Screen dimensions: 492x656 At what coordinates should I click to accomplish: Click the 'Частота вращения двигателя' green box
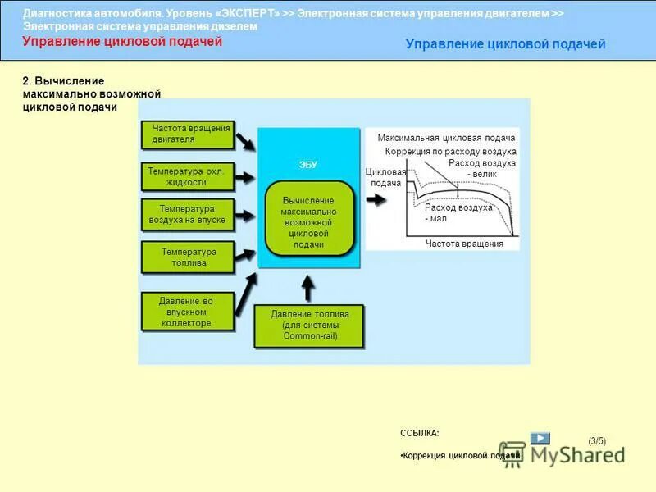(x=188, y=134)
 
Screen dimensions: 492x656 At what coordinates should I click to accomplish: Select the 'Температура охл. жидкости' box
(x=188, y=176)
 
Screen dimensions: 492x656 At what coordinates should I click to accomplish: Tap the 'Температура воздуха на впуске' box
(x=188, y=215)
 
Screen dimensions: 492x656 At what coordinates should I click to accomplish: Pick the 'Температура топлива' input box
(x=188, y=257)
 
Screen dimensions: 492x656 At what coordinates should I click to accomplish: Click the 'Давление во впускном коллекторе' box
(x=188, y=312)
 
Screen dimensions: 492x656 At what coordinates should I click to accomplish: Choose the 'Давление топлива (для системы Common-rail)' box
(x=310, y=325)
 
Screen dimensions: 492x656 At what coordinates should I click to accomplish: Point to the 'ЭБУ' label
(x=308, y=165)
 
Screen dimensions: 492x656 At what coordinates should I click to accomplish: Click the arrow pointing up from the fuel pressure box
(x=308, y=288)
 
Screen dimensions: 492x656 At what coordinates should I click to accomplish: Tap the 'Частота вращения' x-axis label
(x=464, y=244)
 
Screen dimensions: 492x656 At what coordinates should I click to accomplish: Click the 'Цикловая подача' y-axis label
(x=385, y=177)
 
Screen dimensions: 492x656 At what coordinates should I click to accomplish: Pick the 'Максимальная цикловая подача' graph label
(x=446, y=138)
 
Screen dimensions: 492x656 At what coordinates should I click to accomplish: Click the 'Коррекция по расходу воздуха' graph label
(x=450, y=152)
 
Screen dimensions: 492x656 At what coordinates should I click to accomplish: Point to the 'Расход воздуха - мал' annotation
(x=458, y=213)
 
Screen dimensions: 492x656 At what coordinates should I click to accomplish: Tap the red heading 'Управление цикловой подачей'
(x=122, y=42)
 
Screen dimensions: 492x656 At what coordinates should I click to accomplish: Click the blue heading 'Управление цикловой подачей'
(x=505, y=44)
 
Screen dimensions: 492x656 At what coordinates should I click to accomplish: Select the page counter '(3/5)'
(x=597, y=441)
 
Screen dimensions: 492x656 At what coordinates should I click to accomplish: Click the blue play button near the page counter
(x=540, y=438)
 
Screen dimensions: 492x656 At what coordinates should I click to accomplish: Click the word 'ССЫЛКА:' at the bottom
(x=419, y=432)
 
